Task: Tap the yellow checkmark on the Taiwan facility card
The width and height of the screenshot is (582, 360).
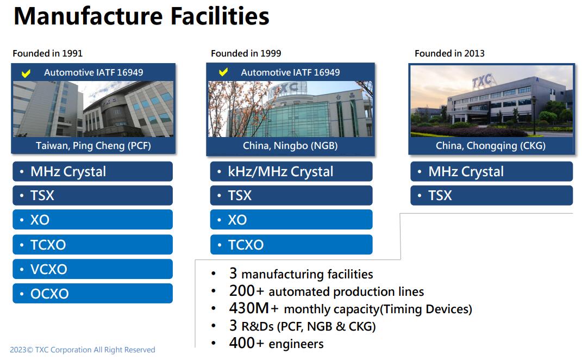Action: click(26, 73)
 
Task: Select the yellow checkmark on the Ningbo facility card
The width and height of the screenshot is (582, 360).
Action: click(223, 72)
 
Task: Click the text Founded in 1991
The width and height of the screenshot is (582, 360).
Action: click(47, 53)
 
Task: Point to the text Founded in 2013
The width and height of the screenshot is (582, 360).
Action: click(449, 53)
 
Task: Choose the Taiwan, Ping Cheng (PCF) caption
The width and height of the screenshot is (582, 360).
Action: click(93, 145)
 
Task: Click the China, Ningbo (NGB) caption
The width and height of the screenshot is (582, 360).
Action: click(290, 145)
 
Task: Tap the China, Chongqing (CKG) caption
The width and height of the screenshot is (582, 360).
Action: click(491, 145)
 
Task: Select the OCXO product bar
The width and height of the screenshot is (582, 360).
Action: click(92, 294)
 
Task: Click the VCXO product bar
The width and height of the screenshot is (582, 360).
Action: click(92, 269)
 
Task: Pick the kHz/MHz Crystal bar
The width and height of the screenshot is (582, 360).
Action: click(291, 171)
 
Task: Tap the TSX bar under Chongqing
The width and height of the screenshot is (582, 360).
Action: click(491, 195)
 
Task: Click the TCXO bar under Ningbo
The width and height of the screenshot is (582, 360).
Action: click(291, 245)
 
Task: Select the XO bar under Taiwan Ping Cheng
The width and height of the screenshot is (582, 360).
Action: click(92, 220)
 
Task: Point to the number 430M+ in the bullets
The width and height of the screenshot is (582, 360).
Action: click(254, 308)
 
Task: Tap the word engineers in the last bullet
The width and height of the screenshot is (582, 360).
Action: click(296, 344)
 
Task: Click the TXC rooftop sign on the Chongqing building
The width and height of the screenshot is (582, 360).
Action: click(482, 81)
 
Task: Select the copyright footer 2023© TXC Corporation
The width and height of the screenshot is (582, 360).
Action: click(83, 350)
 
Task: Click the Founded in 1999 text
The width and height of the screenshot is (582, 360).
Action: click(246, 53)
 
